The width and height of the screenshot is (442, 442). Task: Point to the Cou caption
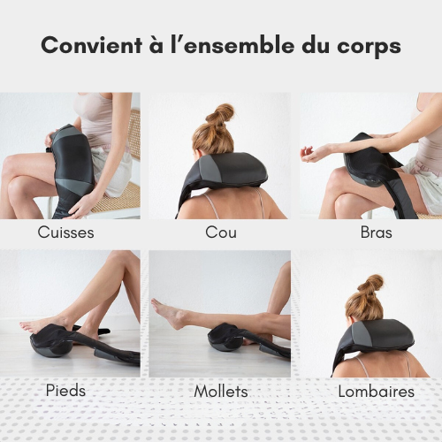[x=220, y=233]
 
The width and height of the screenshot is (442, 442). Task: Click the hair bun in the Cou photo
[x=220, y=115]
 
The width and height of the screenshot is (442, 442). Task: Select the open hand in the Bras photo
[x=313, y=153]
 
